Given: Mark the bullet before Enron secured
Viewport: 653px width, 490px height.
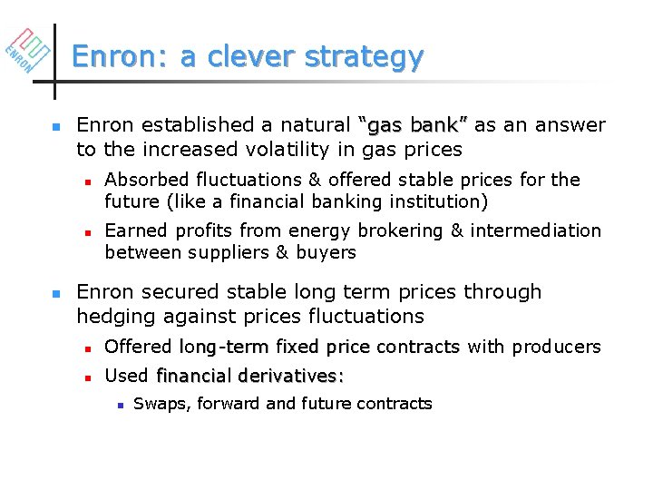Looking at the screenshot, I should click(x=56, y=294).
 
